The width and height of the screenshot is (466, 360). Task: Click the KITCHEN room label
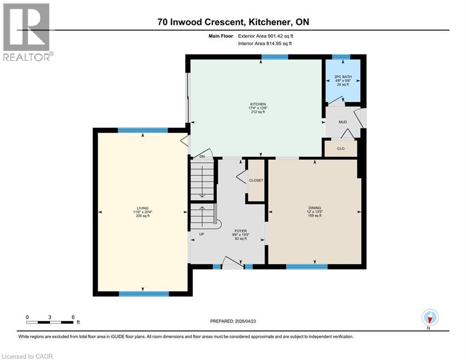tap(258, 104)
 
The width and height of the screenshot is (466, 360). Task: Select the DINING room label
tap(314, 208)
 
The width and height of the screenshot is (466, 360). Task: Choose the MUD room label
tap(343, 122)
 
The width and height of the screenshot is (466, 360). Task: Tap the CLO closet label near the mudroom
tap(341, 148)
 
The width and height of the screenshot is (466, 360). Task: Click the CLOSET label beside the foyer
tap(256, 180)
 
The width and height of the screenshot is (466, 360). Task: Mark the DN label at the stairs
tap(202, 157)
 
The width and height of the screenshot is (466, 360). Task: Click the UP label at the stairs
tap(201, 234)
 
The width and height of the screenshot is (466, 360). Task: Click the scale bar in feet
tap(50, 322)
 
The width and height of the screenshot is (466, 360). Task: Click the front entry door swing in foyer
tap(233, 263)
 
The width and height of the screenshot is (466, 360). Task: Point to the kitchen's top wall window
tap(274, 57)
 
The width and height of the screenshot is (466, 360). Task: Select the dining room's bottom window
tap(307, 267)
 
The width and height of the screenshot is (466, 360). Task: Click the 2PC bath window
tap(341, 57)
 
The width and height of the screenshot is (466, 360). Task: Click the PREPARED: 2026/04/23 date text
tap(236, 321)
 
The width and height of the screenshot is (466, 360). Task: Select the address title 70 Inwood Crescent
tap(233, 22)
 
